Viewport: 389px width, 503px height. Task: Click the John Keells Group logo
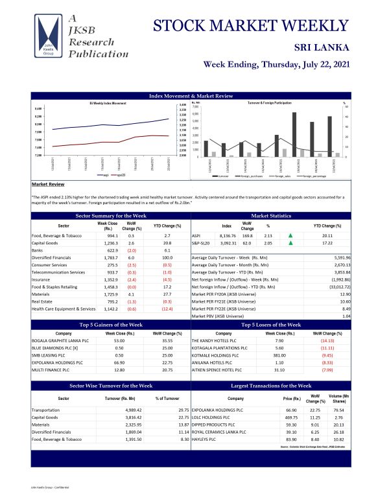click(51, 38)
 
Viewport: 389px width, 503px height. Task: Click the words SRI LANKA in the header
click(322, 47)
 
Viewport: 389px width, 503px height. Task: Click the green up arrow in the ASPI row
click(290, 236)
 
